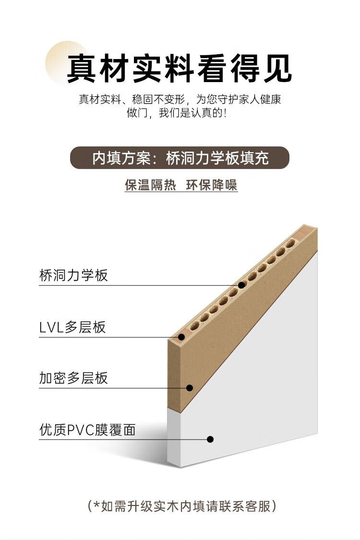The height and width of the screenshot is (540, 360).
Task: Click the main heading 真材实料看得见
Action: (x=180, y=68)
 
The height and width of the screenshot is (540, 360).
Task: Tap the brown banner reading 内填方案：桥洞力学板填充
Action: (x=180, y=158)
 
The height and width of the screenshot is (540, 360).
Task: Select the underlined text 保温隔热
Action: (x=150, y=185)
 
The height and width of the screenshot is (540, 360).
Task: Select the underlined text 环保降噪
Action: (x=212, y=185)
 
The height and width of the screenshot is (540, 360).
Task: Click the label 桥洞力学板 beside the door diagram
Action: (x=73, y=275)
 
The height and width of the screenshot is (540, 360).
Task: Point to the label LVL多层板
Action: (x=72, y=327)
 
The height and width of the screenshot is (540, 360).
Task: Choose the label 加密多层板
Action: (x=73, y=378)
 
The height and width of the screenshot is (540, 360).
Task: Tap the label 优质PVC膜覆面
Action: (x=87, y=430)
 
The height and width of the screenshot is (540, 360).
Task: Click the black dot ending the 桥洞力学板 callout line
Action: (x=242, y=285)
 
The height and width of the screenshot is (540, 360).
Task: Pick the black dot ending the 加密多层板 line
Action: (x=190, y=388)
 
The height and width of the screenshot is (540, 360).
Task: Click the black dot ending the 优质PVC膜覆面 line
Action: (x=210, y=439)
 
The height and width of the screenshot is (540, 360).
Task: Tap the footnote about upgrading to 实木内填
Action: (x=181, y=506)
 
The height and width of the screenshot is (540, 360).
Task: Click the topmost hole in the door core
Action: (x=290, y=244)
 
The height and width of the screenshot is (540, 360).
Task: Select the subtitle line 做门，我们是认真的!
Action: (x=177, y=113)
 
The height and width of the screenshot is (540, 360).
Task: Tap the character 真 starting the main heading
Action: (x=82, y=68)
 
